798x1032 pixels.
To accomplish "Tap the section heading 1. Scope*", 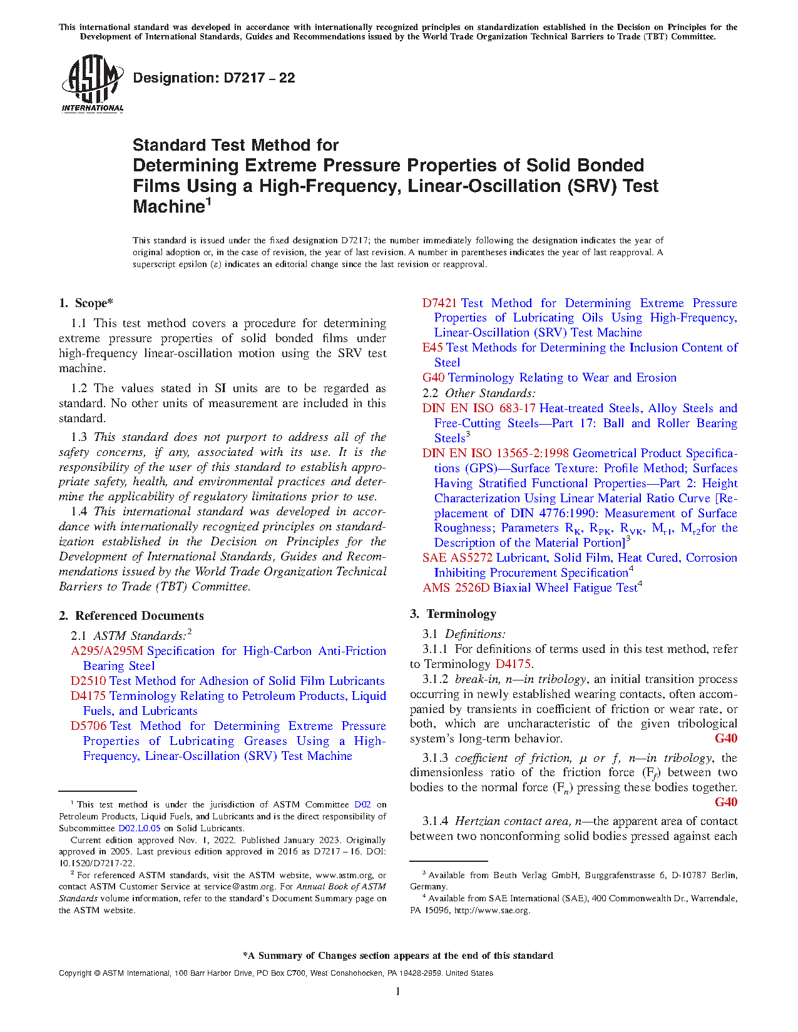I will point(86,303).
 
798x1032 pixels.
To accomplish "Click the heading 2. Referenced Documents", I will point(131,616).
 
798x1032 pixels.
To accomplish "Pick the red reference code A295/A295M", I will point(107,651).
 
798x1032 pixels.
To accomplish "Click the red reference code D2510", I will point(88,681).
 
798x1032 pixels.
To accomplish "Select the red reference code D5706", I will point(88,726).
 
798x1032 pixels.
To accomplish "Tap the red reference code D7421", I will point(439,303).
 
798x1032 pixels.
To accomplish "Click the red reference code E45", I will point(432,348).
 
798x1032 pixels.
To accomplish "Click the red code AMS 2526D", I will point(456,588).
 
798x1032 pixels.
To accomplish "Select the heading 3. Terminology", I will point(453,614).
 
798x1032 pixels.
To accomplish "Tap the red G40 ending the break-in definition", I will point(726,739).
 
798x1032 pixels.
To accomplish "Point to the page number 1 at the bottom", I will point(398,991).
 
